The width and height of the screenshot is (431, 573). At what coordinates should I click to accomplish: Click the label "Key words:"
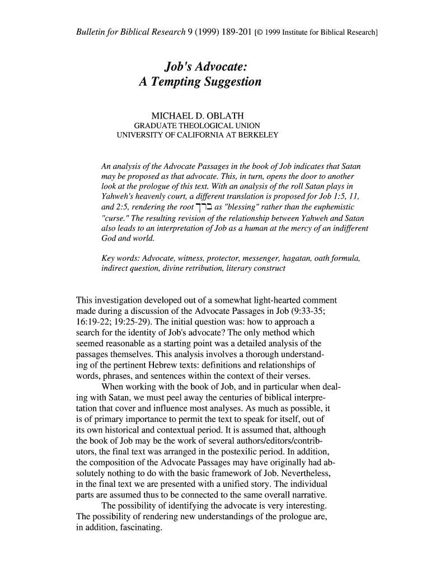(120, 258)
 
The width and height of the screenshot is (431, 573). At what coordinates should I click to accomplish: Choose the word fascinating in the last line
(136, 527)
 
